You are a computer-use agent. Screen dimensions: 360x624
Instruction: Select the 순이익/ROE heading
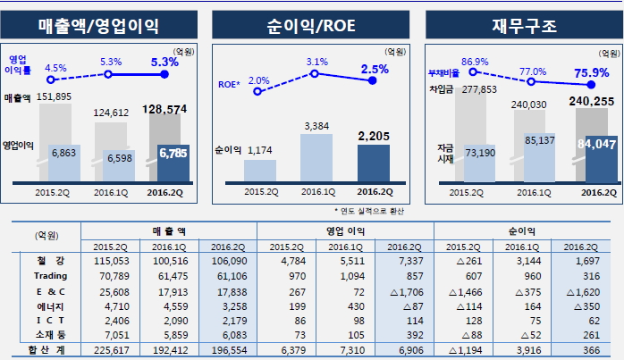(311, 24)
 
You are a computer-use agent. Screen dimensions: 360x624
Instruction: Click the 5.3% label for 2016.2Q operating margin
(165, 62)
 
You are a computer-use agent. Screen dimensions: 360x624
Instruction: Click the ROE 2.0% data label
(258, 81)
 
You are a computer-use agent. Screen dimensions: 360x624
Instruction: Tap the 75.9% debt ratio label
(589, 72)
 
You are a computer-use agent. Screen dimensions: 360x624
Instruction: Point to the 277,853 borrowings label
(480, 89)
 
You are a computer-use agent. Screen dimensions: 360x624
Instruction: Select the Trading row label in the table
(45, 277)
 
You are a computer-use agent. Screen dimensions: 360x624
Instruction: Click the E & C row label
(45, 291)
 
